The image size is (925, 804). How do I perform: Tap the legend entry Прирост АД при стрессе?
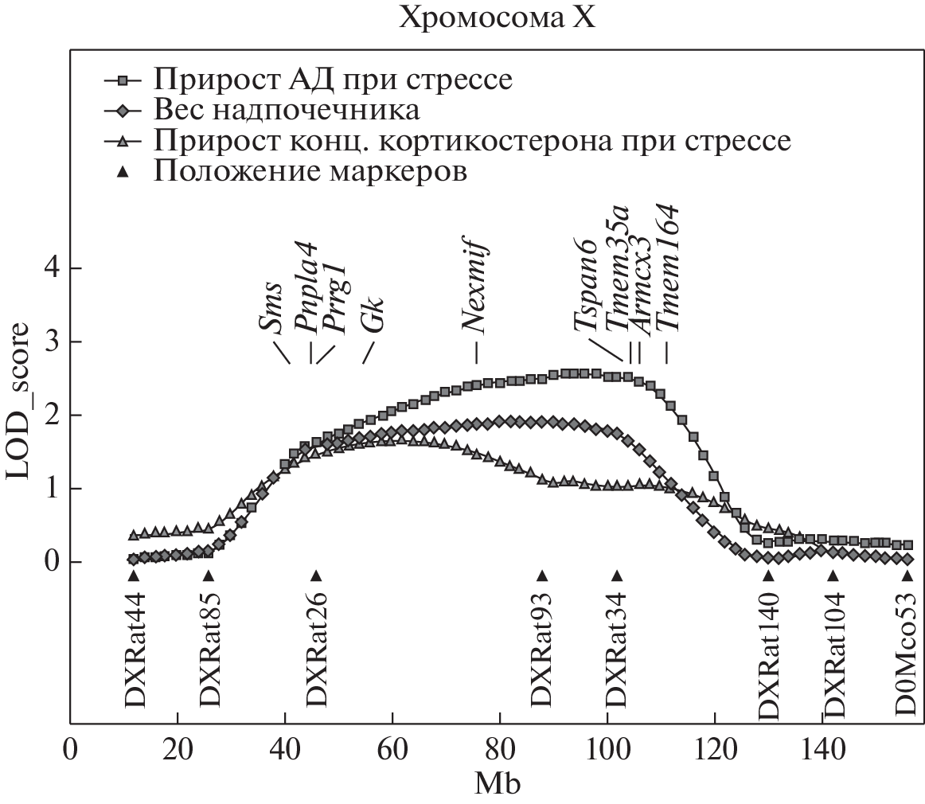coord(332,80)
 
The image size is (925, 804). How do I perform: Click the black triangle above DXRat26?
coord(316,576)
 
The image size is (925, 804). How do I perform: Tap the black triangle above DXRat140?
coord(768,576)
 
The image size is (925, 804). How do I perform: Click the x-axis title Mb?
coord(498,785)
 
